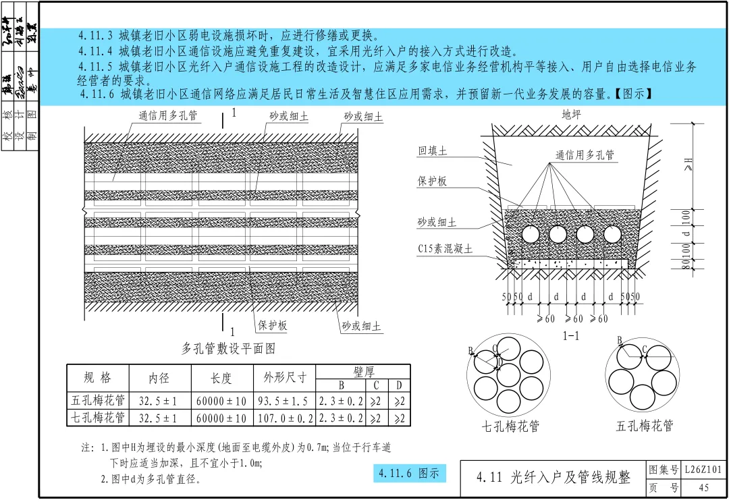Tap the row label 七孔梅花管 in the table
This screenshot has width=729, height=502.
(98, 418)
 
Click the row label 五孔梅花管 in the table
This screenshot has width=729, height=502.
(98, 401)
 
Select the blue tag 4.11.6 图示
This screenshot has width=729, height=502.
(409, 474)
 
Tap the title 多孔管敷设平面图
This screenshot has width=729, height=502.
(228, 349)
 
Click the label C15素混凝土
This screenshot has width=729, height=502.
(446, 249)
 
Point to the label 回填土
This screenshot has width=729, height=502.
(432, 151)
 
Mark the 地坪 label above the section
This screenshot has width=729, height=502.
(571, 115)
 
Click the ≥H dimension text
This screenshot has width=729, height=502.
(688, 164)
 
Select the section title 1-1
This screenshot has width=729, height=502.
(571, 335)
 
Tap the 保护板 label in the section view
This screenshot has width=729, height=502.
(432, 182)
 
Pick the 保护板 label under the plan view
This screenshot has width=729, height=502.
(272, 326)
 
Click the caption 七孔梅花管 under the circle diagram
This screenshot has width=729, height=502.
(510, 426)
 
